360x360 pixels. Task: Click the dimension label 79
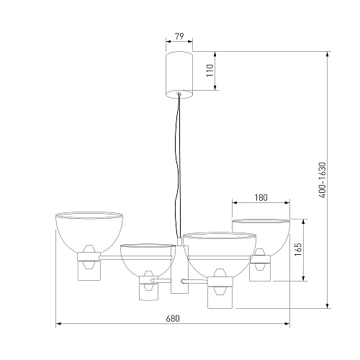click(x=179, y=37)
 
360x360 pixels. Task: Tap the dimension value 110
click(x=210, y=71)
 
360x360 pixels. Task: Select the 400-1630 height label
click(x=323, y=180)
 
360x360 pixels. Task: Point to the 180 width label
click(x=261, y=197)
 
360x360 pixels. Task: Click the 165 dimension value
click(x=298, y=250)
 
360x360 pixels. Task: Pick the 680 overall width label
click(x=173, y=318)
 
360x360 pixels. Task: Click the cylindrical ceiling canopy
click(x=179, y=75)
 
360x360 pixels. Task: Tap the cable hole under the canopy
click(x=179, y=94)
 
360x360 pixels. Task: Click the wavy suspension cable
click(x=179, y=166)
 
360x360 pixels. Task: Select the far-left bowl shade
click(x=89, y=232)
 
